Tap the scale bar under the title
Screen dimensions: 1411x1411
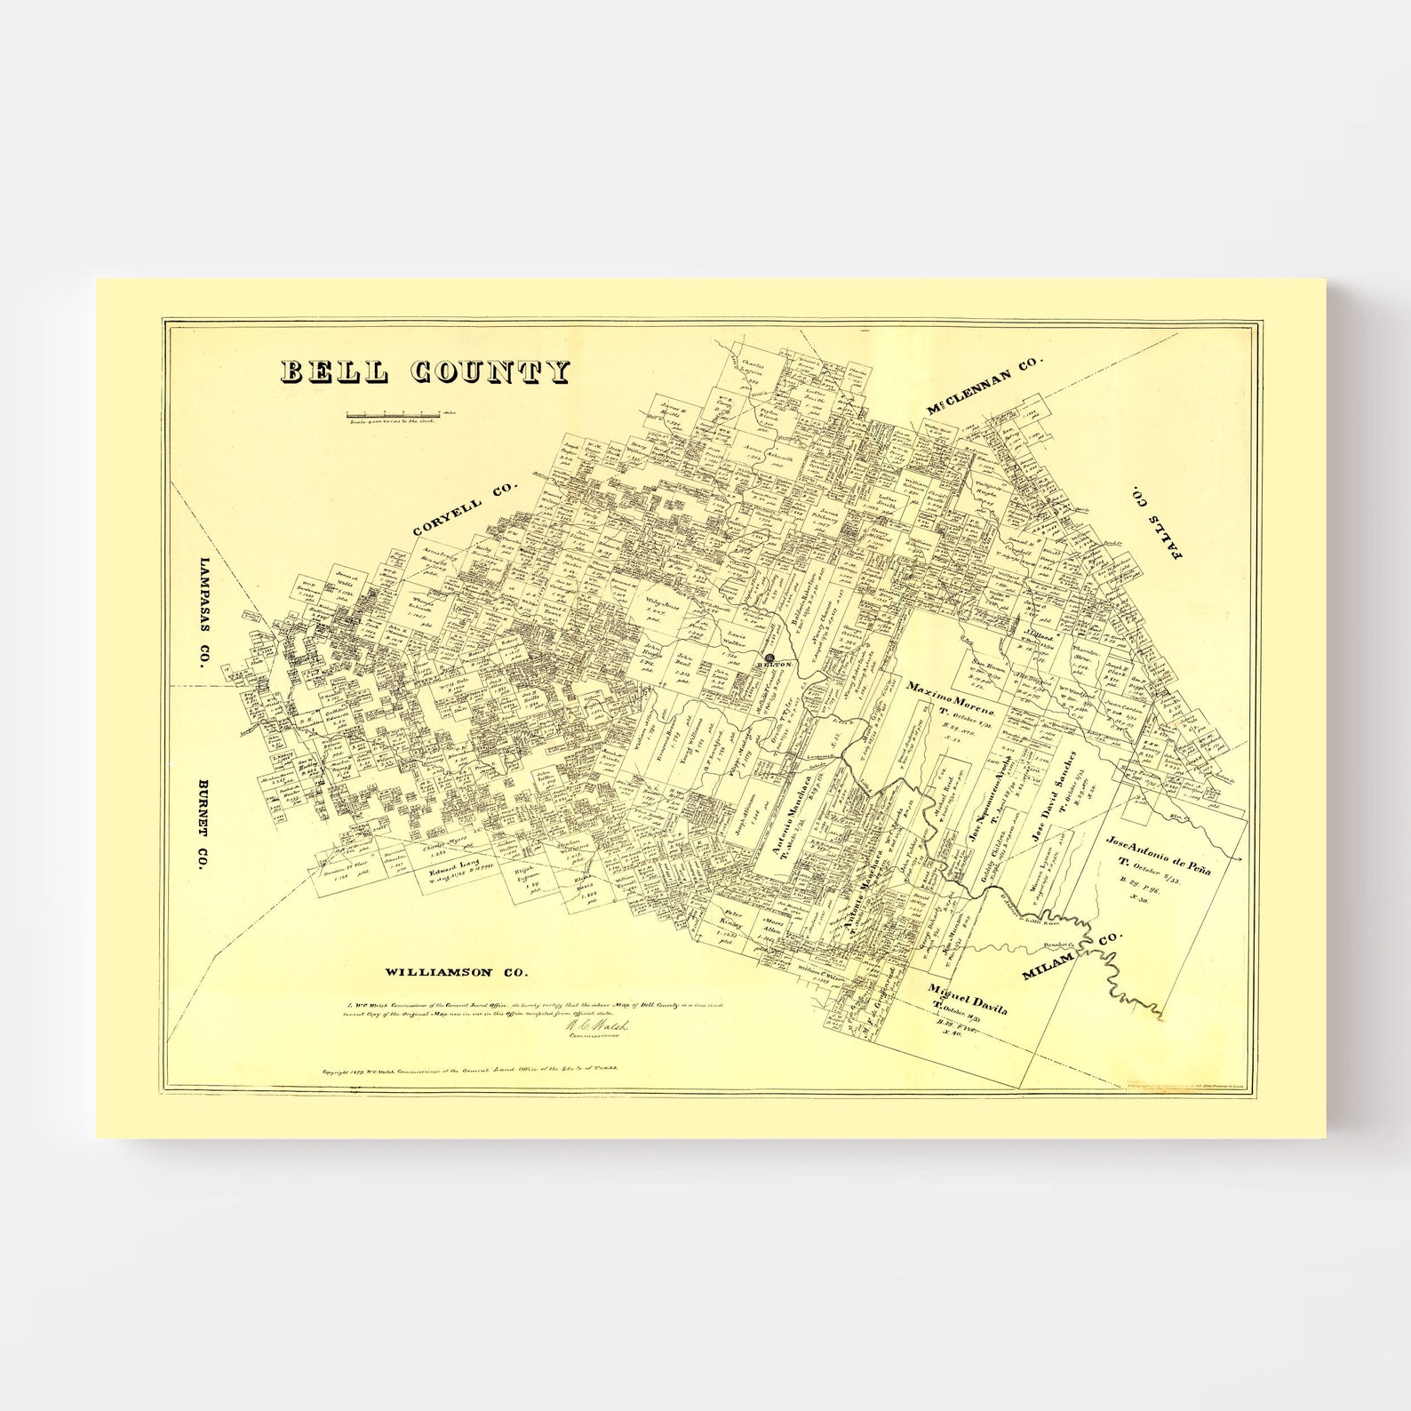[391, 413]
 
